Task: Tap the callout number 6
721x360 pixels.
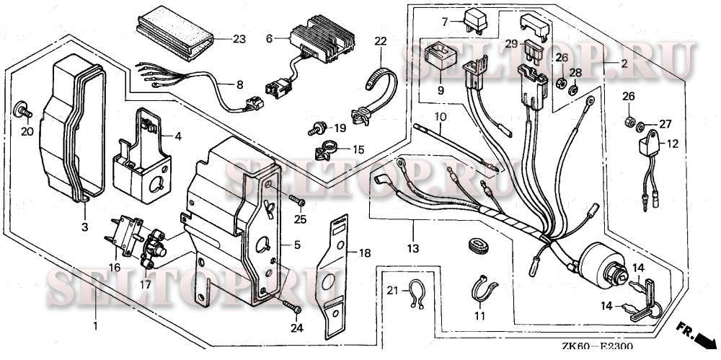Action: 270,38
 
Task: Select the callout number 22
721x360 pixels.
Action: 380,42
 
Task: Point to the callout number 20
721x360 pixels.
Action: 27,132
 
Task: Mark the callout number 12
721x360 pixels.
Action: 672,144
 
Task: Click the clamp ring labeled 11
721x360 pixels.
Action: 482,288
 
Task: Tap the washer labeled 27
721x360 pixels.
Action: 641,128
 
